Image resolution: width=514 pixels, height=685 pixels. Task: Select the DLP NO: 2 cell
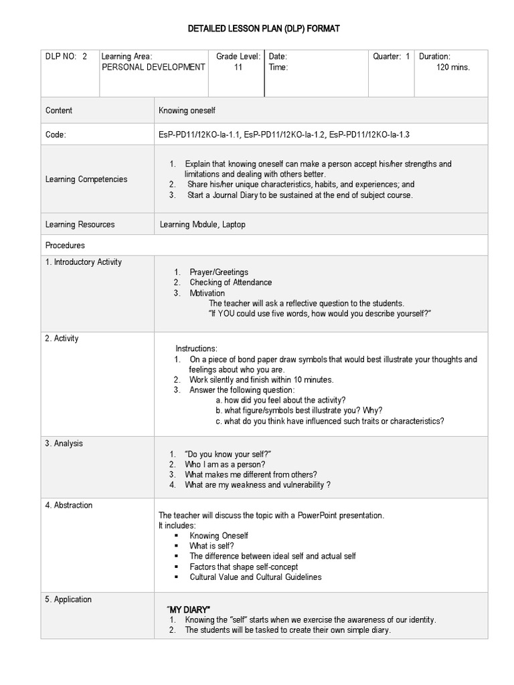66,57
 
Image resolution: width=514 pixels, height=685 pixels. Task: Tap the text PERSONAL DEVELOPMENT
153,68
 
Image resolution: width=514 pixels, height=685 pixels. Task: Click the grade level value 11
238,68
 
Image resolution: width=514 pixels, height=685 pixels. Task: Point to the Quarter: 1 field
391,57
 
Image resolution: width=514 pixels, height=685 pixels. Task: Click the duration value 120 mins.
452,68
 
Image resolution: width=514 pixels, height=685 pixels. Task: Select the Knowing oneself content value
187,110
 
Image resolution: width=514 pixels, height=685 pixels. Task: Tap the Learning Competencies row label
86,179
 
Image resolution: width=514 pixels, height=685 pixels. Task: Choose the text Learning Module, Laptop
202,225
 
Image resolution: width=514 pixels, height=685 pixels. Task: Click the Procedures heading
65,246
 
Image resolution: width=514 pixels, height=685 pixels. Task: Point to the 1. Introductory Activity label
83,262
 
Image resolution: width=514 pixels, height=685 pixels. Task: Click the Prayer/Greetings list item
218,272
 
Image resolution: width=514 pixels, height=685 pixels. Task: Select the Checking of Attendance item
230,282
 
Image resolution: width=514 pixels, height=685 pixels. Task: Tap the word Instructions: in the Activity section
196,349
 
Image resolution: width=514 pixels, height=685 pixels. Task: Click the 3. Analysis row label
64,444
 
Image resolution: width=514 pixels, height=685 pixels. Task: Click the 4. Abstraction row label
68,505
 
